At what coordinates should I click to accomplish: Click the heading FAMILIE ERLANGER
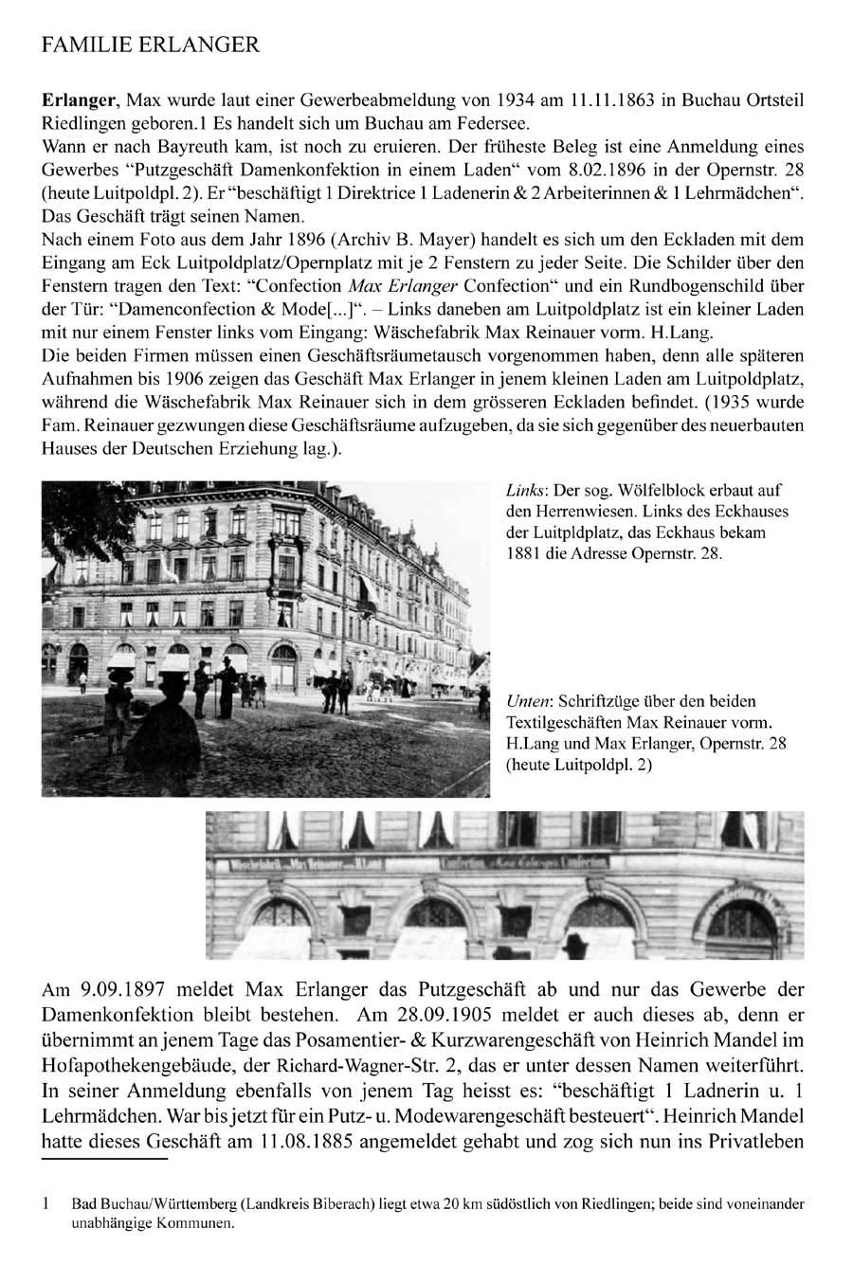point(150,45)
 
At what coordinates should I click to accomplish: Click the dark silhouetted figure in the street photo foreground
point(171,720)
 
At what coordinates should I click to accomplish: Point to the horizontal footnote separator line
point(104,1159)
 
